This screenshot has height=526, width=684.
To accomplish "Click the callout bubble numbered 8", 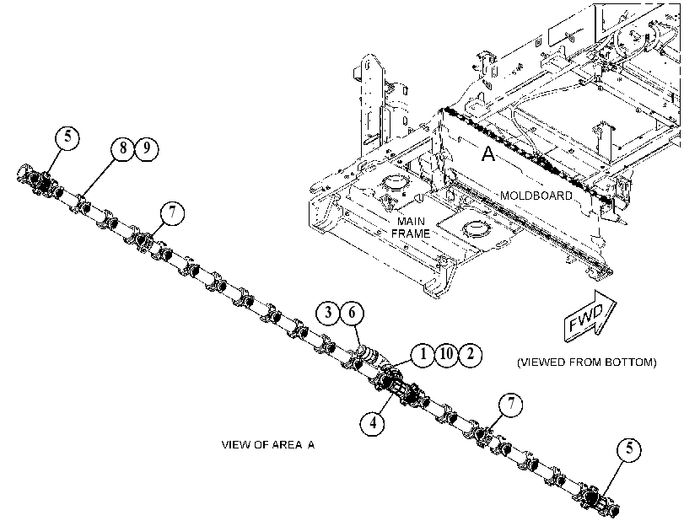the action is [x=123, y=148].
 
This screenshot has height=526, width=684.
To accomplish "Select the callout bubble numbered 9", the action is [x=147, y=148].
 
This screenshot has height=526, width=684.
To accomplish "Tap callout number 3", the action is [x=328, y=313].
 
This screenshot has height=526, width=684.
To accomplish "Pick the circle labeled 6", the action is [x=352, y=313].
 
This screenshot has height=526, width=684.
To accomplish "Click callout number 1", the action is [x=423, y=355].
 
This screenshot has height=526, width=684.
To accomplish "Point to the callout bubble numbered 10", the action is [x=446, y=355].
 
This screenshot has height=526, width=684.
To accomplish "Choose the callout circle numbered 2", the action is [x=471, y=355].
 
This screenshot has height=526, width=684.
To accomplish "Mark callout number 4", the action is [x=373, y=423].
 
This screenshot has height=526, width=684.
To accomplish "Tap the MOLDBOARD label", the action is [x=536, y=196].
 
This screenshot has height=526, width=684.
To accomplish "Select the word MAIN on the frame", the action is [x=411, y=222].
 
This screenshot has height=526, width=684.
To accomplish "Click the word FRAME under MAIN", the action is [x=411, y=233].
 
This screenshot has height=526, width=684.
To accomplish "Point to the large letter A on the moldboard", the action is [x=488, y=154].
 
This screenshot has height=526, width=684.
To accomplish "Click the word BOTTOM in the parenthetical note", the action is [x=629, y=362].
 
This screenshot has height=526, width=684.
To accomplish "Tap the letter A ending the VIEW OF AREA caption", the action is [x=311, y=445].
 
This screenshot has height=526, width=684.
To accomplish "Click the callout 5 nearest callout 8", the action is [x=67, y=137].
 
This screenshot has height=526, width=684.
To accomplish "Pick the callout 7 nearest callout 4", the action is [x=511, y=404].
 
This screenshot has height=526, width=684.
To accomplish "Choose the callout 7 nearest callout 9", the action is [x=172, y=212].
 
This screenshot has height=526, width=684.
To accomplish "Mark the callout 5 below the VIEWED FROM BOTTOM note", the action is [x=629, y=449].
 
